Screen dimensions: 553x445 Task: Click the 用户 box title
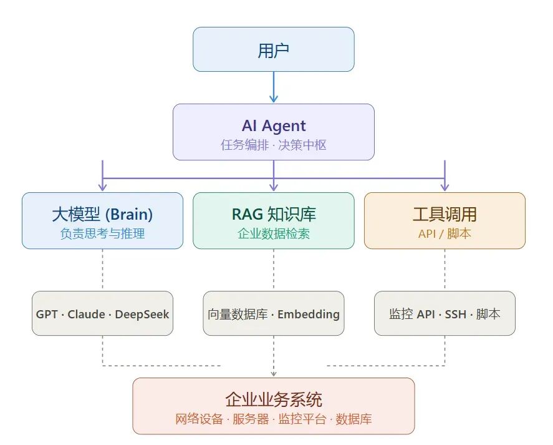click(x=273, y=51)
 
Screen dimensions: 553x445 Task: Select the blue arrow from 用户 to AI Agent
click(x=274, y=87)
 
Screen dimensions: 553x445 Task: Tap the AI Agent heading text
click(x=274, y=125)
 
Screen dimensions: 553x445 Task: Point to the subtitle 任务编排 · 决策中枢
click(x=274, y=145)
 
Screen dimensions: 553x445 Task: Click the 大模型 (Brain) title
click(x=102, y=214)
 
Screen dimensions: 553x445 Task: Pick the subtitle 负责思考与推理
click(x=102, y=233)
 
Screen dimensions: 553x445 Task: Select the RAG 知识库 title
click(x=274, y=214)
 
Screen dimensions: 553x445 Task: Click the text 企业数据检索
click(x=274, y=233)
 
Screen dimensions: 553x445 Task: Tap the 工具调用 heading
click(x=445, y=214)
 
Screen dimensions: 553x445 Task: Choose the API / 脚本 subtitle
click(x=445, y=233)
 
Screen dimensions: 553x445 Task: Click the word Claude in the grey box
click(x=86, y=314)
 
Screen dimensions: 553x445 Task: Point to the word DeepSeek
click(x=142, y=315)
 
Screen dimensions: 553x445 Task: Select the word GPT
click(x=47, y=314)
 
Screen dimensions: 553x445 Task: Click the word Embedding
click(x=309, y=315)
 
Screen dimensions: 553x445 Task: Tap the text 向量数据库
click(x=238, y=314)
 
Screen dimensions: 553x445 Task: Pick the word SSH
click(x=455, y=314)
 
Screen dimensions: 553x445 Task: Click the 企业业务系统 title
click(x=274, y=400)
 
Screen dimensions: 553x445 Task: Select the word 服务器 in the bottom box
click(x=251, y=419)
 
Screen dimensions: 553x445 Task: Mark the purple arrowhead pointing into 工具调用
click(x=445, y=187)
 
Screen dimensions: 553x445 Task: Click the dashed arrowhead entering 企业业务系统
click(x=274, y=374)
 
